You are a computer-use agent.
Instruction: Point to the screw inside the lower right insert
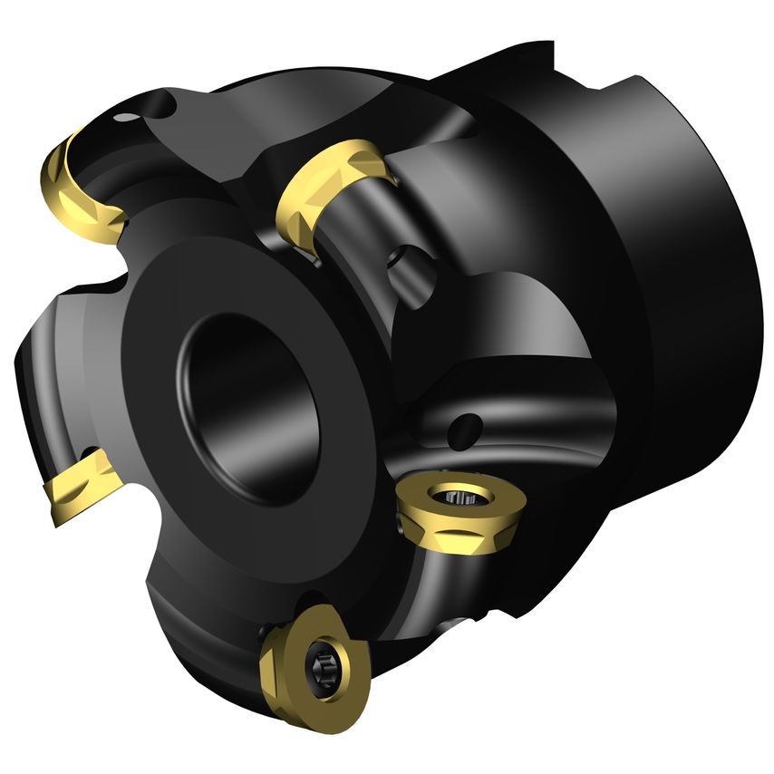(x=454, y=498)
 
